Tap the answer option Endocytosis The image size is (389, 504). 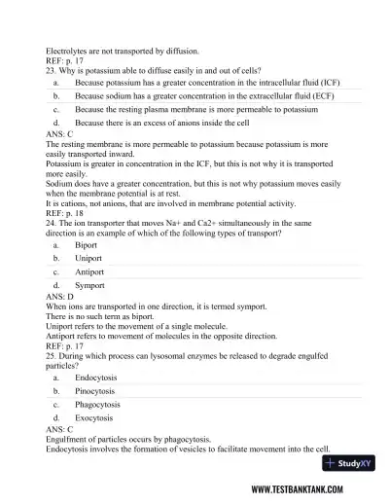point(96,376)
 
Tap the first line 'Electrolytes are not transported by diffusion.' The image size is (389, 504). point(123,50)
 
